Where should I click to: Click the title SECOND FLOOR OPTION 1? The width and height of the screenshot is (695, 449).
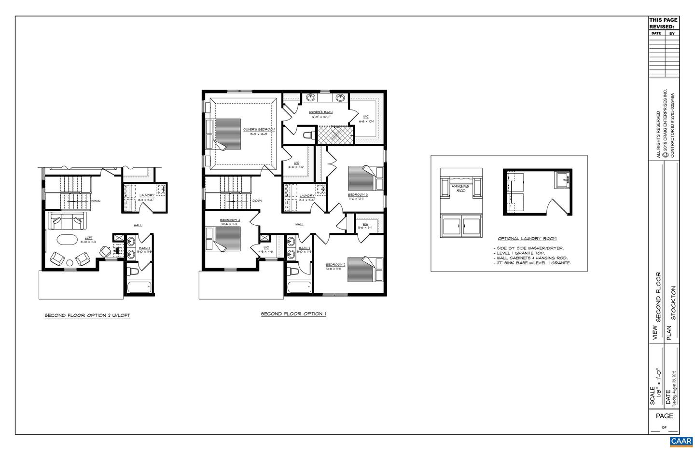(x=293, y=314)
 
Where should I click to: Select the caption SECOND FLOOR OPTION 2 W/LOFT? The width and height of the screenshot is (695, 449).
(x=87, y=315)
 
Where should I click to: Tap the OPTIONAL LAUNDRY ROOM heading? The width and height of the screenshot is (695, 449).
(x=527, y=238)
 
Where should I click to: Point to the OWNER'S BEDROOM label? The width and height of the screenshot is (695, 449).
(x=259, y=129)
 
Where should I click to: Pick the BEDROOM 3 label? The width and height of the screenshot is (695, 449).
(x=358, y=195)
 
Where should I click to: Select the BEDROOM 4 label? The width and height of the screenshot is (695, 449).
(x=230, y=220)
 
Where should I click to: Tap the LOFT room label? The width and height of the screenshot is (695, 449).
(x=89, y=237)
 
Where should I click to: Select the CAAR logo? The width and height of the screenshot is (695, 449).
(x=681, y=441)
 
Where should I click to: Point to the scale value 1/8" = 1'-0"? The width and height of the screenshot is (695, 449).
(x=658, y=381)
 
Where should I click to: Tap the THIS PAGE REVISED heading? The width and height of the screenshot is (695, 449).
(x=663, y=24)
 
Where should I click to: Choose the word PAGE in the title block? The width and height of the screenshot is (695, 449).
(x=664, y=416)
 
